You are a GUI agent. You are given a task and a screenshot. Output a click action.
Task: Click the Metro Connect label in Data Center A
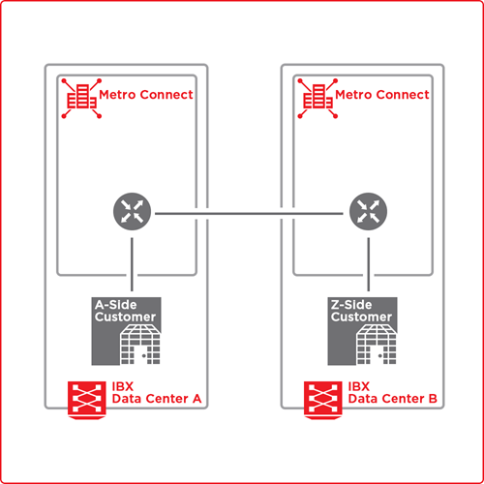point(146,95)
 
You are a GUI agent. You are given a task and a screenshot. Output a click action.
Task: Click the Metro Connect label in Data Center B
point(382,95)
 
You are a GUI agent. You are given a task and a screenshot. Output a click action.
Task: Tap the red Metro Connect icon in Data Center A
point(81,98)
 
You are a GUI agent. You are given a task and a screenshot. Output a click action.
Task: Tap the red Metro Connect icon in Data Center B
point(318,98)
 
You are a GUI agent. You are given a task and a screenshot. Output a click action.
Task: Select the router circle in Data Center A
point(132,211)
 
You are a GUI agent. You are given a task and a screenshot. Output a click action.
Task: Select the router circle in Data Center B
point(368,211)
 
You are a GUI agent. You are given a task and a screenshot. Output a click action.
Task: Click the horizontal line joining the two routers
point(249,213)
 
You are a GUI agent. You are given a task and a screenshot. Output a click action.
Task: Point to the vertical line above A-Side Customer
point(132,264)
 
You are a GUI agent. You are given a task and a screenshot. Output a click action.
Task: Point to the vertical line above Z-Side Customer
point(369,264)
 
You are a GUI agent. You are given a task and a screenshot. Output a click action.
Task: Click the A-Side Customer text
point(125,311)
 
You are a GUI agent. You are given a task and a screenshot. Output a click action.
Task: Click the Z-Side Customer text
point(361,311)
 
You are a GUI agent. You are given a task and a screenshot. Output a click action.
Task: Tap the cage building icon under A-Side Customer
point(140,345)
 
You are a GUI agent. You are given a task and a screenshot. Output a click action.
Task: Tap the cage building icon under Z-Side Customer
point(377,345)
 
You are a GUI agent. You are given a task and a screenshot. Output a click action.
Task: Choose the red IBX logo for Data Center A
point(87,400)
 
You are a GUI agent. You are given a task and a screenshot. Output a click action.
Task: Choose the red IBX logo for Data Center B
point(323,400)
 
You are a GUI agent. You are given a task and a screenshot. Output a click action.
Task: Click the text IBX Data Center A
point(157,393)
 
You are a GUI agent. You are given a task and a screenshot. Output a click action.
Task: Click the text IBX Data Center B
point(392,393)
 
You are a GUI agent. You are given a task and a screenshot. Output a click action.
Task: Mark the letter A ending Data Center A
point(197,399)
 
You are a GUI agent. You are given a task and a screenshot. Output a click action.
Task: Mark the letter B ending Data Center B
point(433,399)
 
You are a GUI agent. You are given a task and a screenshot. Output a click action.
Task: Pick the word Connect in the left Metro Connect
point(166,95)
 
